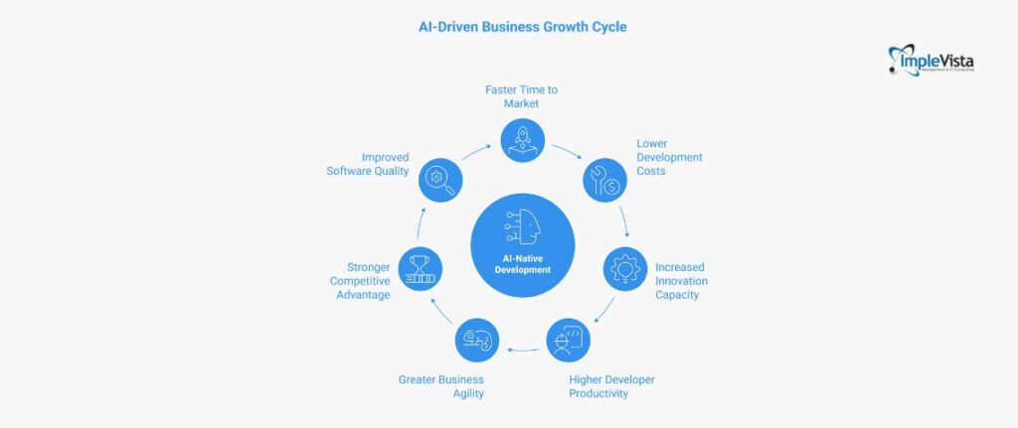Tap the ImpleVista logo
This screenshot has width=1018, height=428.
click(931, 61)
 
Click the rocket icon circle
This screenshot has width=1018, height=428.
click(522, 140)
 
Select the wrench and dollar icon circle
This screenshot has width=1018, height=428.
click(603, 180)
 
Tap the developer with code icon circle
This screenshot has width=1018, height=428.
click(569, 340)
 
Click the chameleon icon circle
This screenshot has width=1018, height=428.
click(476, 340)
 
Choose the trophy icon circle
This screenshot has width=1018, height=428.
click(420, 268)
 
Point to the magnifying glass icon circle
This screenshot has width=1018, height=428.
click(440, 180)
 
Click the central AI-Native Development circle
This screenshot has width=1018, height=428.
click(522, 245)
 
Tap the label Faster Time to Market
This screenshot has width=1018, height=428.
click(522, 96)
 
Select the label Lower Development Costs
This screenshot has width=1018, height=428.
click(669, 157)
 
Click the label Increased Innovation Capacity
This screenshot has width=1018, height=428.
click(681, 281)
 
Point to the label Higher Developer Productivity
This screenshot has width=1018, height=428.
click(611, 386)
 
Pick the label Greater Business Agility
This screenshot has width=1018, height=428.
click(441, 386)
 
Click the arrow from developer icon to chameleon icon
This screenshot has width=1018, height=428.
click(523, 350)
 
